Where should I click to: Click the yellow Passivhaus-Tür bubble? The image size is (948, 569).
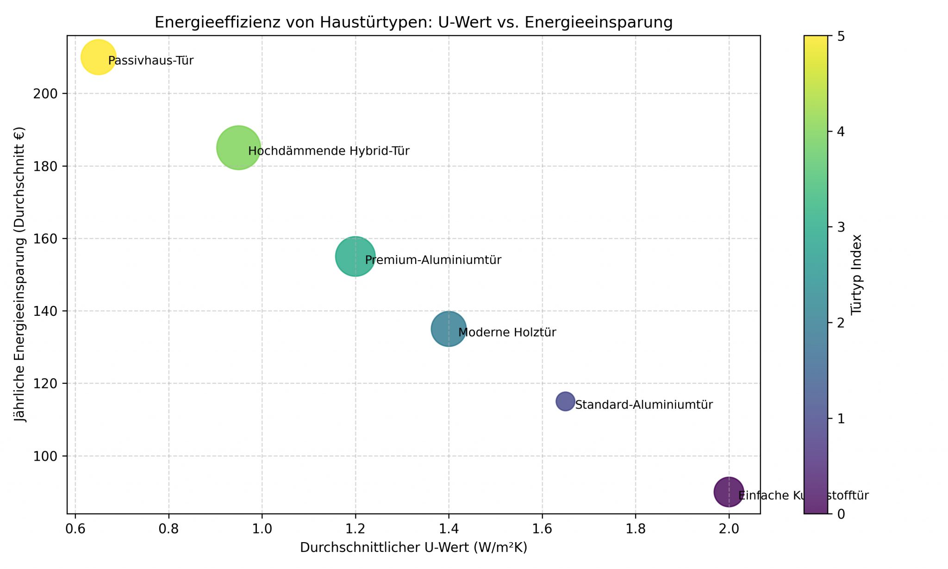click(x=98, y=57)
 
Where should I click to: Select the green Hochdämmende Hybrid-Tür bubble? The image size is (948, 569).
click(x=238, y=148)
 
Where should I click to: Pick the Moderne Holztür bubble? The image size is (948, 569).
click(x=449, y=329)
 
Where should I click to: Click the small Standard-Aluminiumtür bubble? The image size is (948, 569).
click(x=565, y=401)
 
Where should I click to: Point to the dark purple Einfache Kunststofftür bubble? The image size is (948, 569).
click(x=729, y=492)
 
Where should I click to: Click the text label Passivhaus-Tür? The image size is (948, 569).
click(x=151, y=61)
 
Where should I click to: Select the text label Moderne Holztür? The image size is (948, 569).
click(x=507, y=332)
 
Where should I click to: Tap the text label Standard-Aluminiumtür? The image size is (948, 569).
click(x=644, y=405)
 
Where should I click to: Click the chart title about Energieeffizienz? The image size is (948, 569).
click(x=413, y=22)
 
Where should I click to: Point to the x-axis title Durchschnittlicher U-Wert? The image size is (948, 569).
click(x=413, y=548)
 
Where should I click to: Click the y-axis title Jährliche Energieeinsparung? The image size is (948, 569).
click(x=19, y=274)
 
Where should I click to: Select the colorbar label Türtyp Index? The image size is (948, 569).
click(x=856, y=274)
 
